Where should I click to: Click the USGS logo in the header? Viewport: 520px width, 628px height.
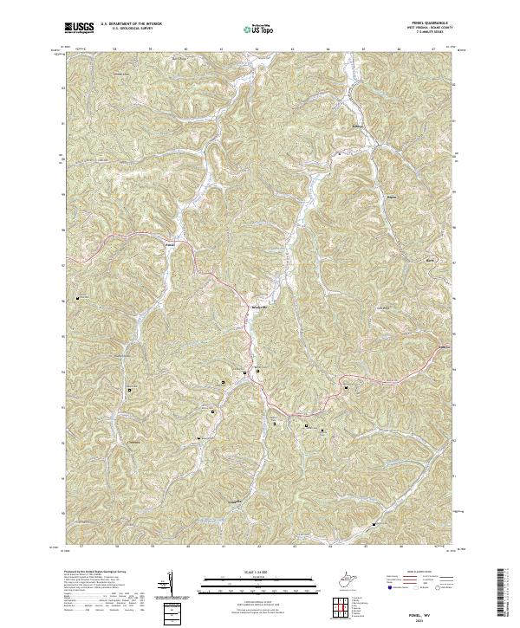(x=80, y=27)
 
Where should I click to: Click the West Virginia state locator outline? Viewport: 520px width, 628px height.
(x=348, y=578)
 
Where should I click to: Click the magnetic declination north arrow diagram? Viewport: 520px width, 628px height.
(x=169, y=582)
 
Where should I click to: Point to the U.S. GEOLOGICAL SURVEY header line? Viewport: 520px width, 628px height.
(x=127, y=29)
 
